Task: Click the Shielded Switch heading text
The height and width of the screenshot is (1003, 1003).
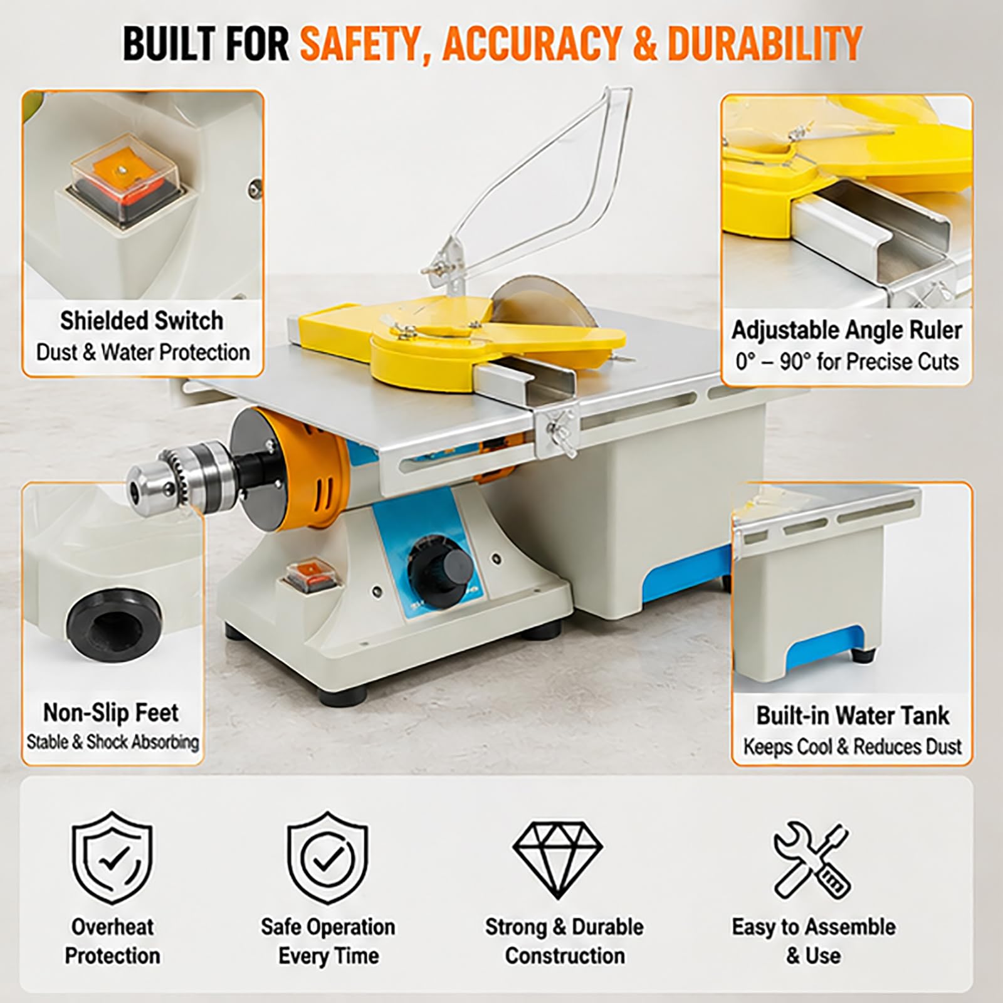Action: tap(142, 321)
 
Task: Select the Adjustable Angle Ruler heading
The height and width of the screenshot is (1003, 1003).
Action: tap(846, 330)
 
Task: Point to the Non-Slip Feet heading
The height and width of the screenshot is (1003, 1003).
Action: tap(111, 712)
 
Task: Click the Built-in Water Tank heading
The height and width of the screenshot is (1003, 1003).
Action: tap(853, 715)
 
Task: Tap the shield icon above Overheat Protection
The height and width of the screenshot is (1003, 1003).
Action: tap(112, 858)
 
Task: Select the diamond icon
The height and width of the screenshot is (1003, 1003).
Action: tap(557, 858)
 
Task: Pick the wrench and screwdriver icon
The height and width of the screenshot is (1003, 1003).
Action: tap(812, 858)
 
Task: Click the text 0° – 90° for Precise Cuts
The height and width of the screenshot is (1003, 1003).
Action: tap(847, 362)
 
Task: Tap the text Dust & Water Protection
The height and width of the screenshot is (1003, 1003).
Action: tap(143, 352)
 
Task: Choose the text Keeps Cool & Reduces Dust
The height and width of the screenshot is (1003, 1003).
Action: tap(853, 747)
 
